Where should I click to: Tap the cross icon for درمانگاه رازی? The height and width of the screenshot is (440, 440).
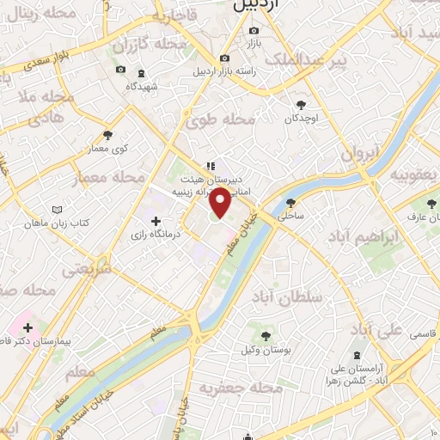(155, 221)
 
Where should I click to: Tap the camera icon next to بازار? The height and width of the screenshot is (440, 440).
(254, 28)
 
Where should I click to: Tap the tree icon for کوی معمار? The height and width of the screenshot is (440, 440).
(107, 135)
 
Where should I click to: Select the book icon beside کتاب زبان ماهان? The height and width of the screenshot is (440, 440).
(57, 210)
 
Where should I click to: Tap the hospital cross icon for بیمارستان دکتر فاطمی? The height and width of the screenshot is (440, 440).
(28, 327)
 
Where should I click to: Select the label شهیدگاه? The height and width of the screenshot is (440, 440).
(143, 87)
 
